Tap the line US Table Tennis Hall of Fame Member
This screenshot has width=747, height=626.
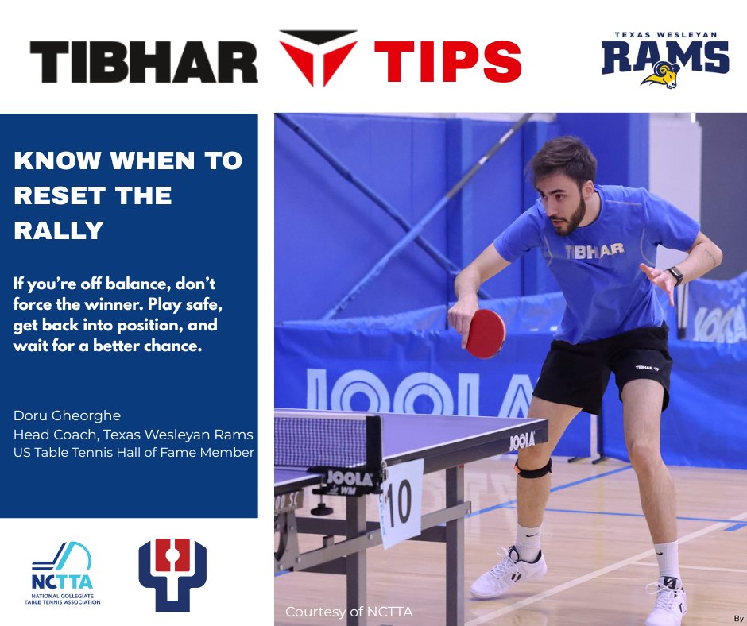click(x=134, y=453)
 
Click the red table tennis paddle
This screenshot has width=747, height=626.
click(x=486, y=333)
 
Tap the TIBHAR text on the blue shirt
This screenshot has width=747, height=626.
click(x=594, y=250)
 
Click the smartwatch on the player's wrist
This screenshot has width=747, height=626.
click(x=675, y=275)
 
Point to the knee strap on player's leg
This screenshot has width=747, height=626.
click(x=533, y=468)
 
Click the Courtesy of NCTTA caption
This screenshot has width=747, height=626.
click(x=349, y=612)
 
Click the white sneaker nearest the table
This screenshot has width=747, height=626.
click(x=507, y=572)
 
